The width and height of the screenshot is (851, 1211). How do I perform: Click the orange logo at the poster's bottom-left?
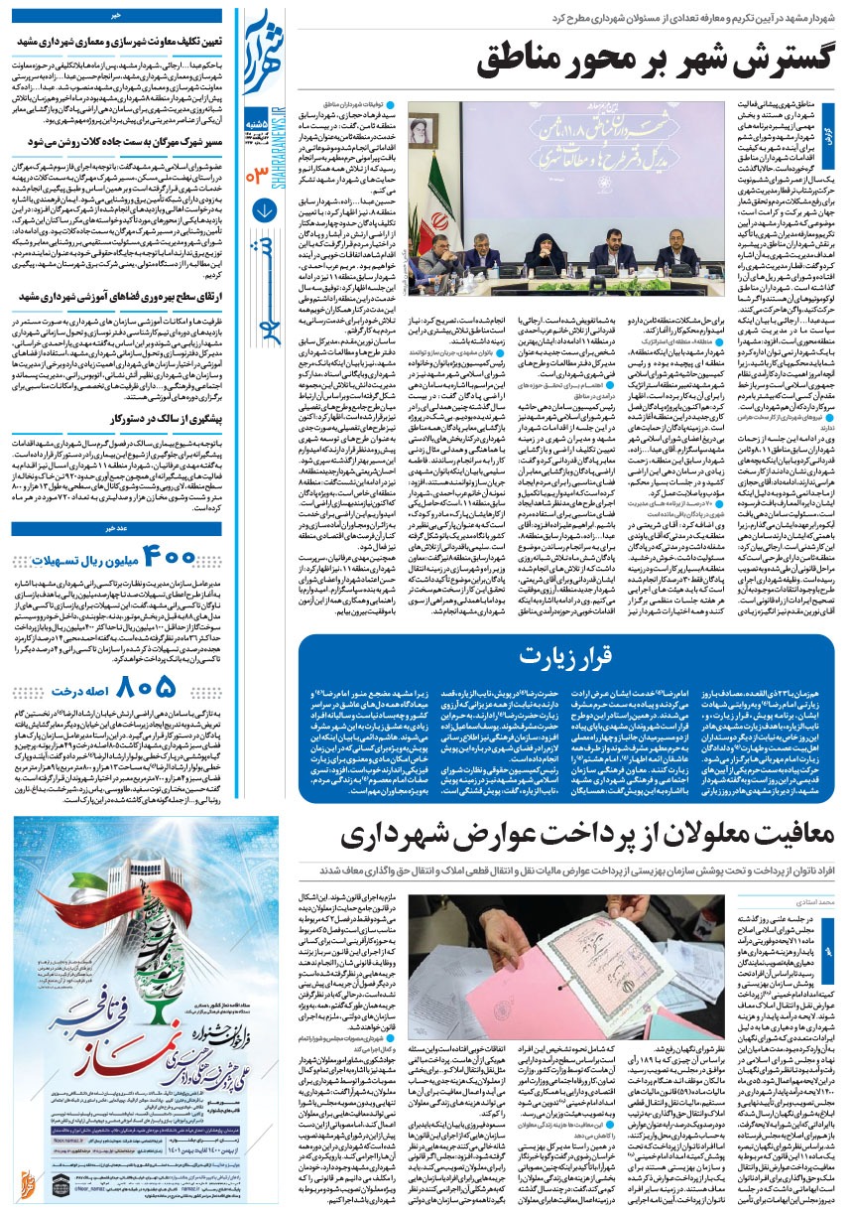[x=28, y=1186]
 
